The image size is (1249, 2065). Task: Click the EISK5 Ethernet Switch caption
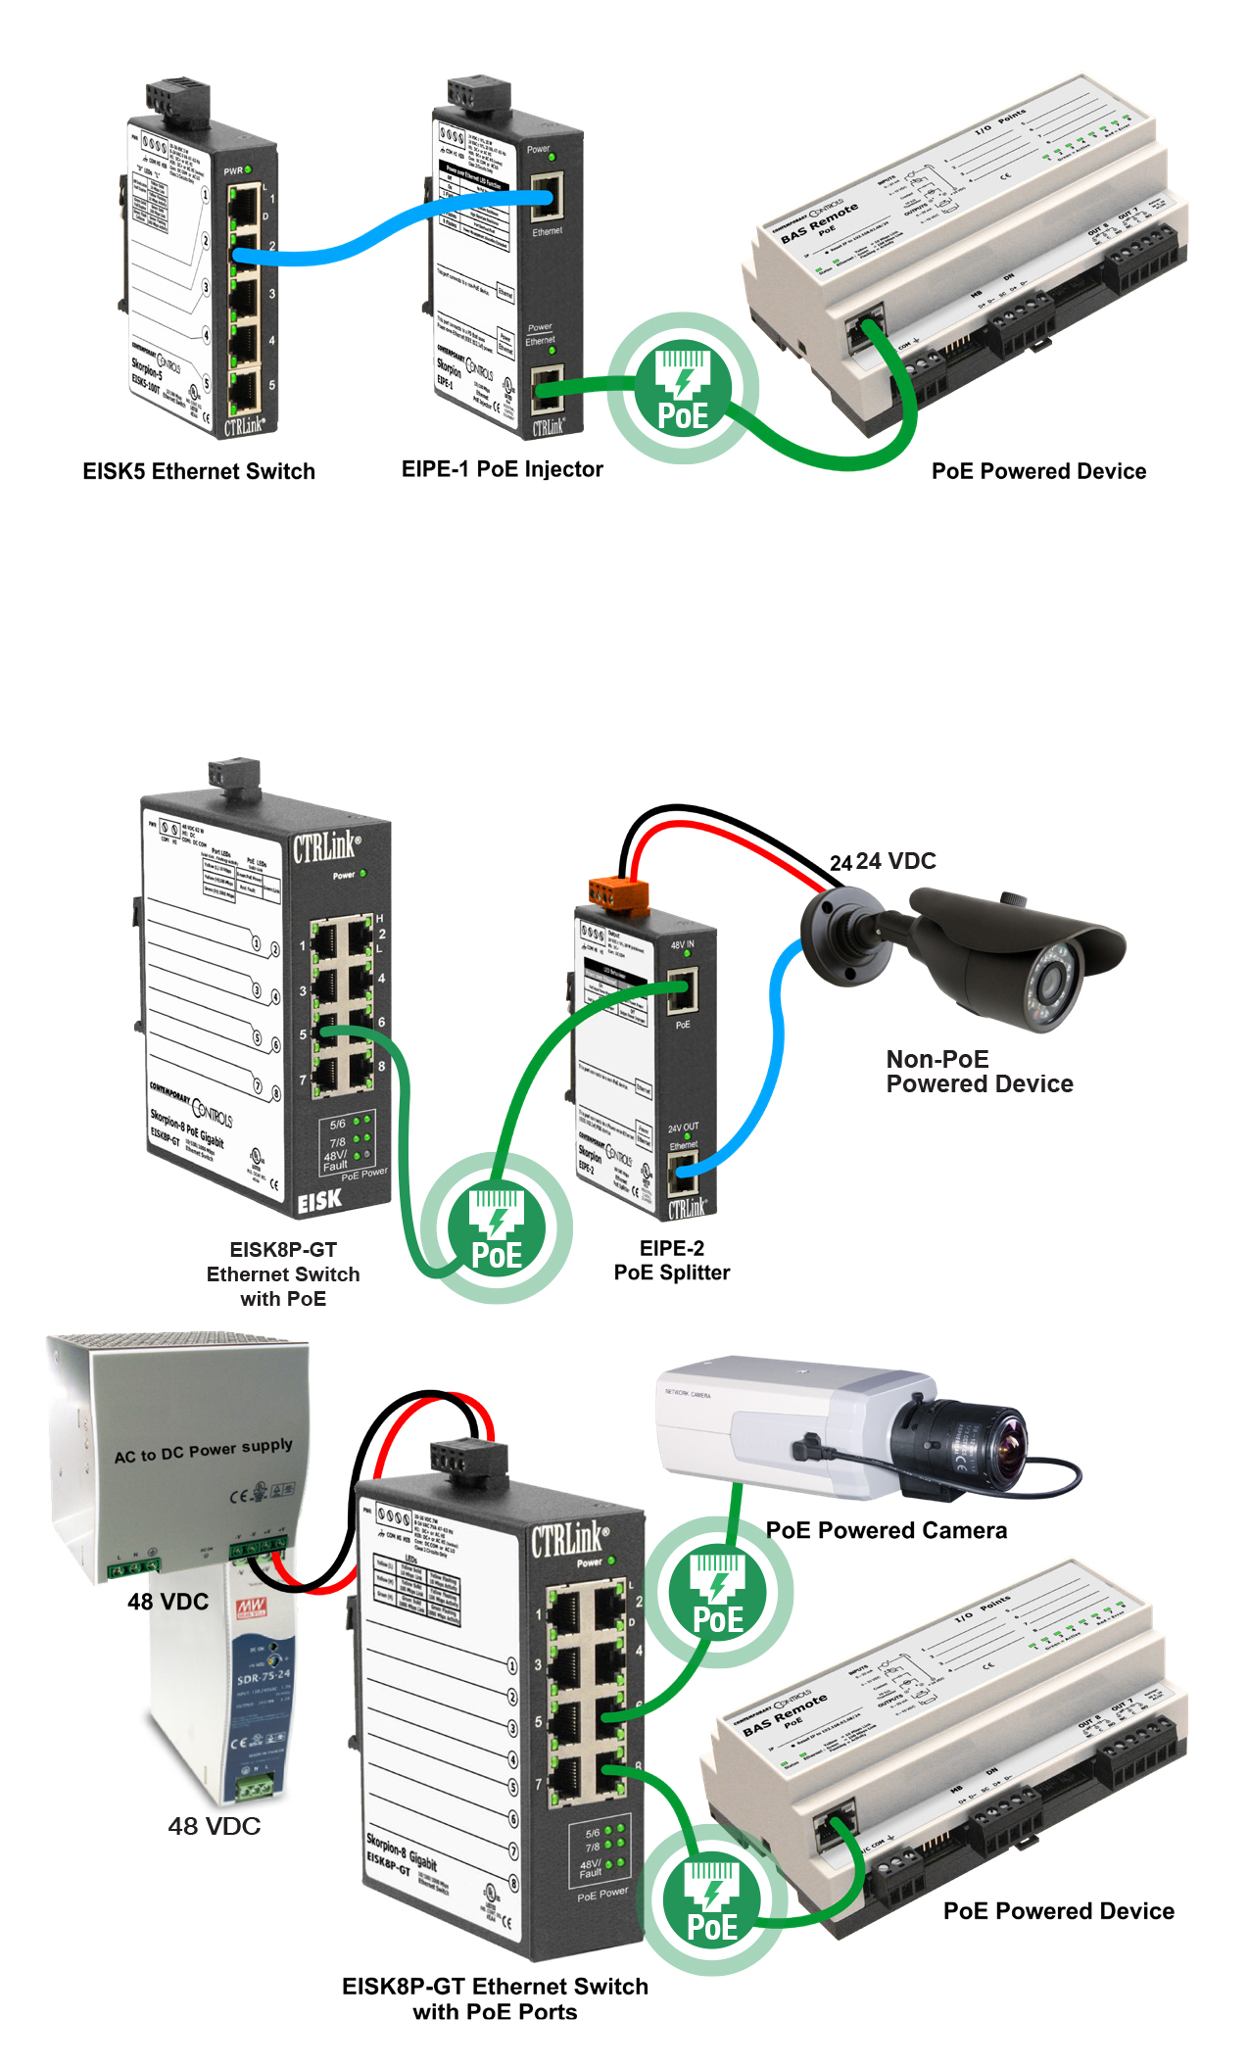[x=199, y=471]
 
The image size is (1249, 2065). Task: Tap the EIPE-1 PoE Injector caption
[x=502, y=469]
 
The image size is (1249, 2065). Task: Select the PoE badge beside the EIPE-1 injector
[x=683, y=388]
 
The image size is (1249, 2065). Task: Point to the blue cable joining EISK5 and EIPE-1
[x=392, y=228]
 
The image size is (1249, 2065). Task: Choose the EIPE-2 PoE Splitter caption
[x=672, y=1261]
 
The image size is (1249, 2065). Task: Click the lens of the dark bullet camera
[x=1054, y=980]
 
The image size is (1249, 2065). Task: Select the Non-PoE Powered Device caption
[x=979, y=1072]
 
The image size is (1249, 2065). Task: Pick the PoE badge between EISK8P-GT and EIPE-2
[x=497, y=1227]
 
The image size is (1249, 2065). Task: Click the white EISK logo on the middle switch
[x=319, y=1200]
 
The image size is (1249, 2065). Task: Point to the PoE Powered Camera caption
[x=886, y=1530]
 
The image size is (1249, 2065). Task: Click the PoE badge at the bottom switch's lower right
[x=712, y=1899]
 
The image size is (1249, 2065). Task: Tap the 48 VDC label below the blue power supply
[x=215, y=1826]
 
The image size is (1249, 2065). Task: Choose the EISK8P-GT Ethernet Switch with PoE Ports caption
[x=495, y=1998]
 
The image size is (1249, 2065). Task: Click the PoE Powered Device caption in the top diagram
[x=1038, y=471]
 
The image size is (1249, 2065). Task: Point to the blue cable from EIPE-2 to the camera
[x=774, y=1058]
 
